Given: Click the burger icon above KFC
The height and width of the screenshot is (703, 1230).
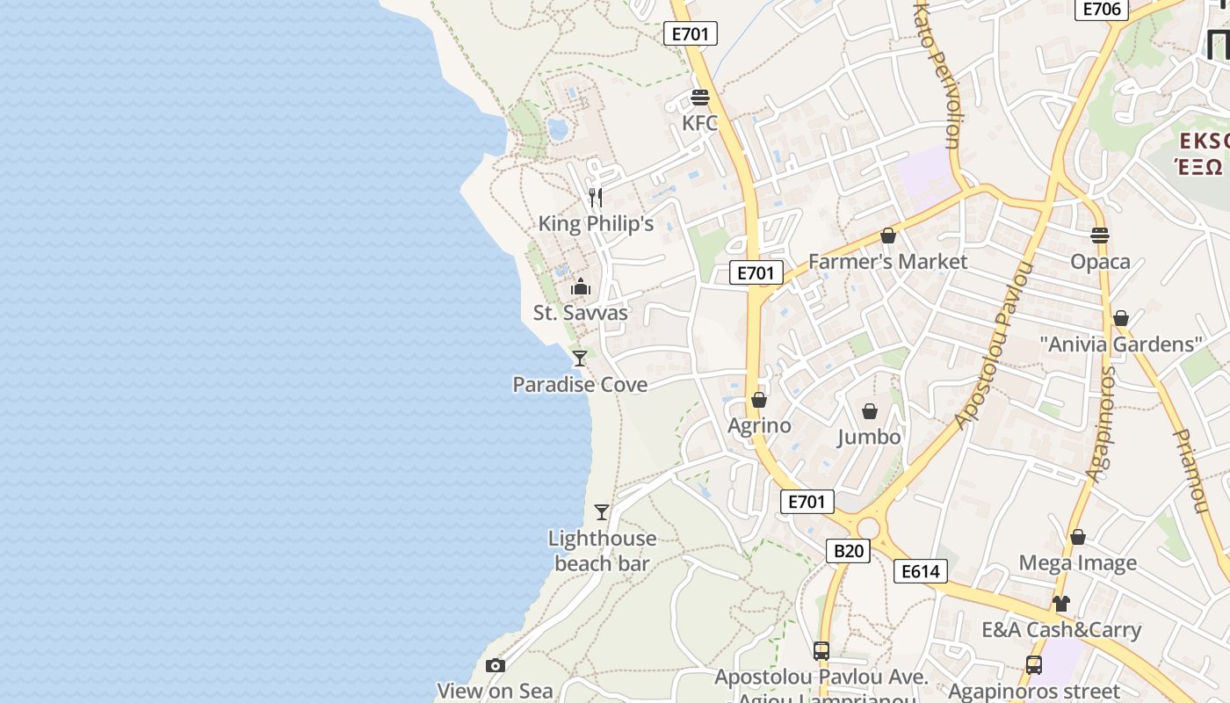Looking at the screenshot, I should (x=700, y=98).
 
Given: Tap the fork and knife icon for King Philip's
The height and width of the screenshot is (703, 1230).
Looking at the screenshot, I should (x=596, y=197).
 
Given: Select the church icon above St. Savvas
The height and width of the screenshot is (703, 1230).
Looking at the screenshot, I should (x=581, y=286).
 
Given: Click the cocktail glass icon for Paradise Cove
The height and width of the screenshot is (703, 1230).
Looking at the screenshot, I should (x=580, y=358).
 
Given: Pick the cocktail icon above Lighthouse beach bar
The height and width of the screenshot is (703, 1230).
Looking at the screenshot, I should (x=602, y=511).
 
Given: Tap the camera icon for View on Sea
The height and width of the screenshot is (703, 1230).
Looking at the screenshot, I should (x=496, y=665).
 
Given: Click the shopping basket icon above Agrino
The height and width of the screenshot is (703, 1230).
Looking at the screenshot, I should (x=759, y=400).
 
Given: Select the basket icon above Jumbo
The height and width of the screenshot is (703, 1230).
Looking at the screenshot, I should (x=870, y=411).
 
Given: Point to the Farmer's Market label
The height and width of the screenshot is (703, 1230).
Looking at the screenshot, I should (x=887, y=261).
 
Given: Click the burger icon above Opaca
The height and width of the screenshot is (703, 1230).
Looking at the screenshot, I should (x=1100, y=235).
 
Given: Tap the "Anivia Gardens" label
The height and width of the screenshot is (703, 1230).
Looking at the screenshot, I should (x=1120, y=344).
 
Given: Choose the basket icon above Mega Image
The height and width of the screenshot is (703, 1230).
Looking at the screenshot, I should (x=1078, y=537).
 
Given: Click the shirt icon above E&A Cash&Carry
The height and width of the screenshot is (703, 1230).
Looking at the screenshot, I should (x=1061, y=604).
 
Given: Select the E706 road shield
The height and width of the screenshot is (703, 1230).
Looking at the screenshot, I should (x=1102, y=10).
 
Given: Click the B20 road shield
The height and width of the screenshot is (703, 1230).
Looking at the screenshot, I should (x=848, y=551).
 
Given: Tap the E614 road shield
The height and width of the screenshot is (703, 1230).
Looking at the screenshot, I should (x=921, y=571).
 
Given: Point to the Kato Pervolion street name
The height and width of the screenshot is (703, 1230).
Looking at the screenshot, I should (x=939, y=75).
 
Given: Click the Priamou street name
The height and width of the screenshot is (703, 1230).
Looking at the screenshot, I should (x=1190, y=471).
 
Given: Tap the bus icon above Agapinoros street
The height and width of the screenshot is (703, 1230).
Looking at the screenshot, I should (x=1034, y=665).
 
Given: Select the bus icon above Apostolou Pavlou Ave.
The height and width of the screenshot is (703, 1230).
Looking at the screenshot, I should (x=821, y=651).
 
